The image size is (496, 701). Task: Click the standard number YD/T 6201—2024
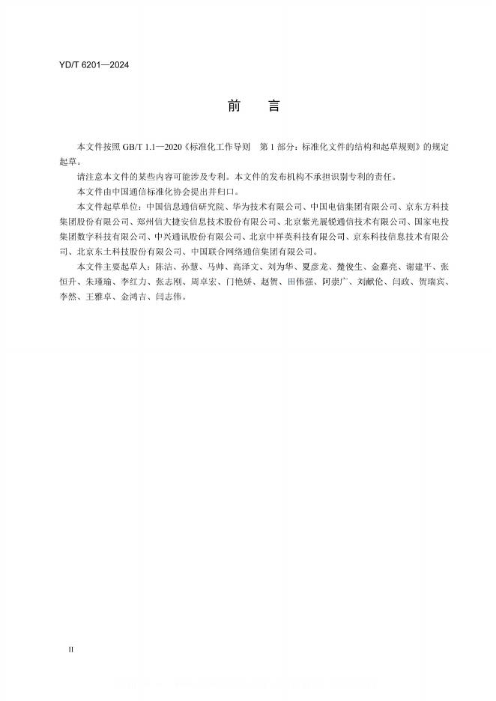(94, 66)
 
